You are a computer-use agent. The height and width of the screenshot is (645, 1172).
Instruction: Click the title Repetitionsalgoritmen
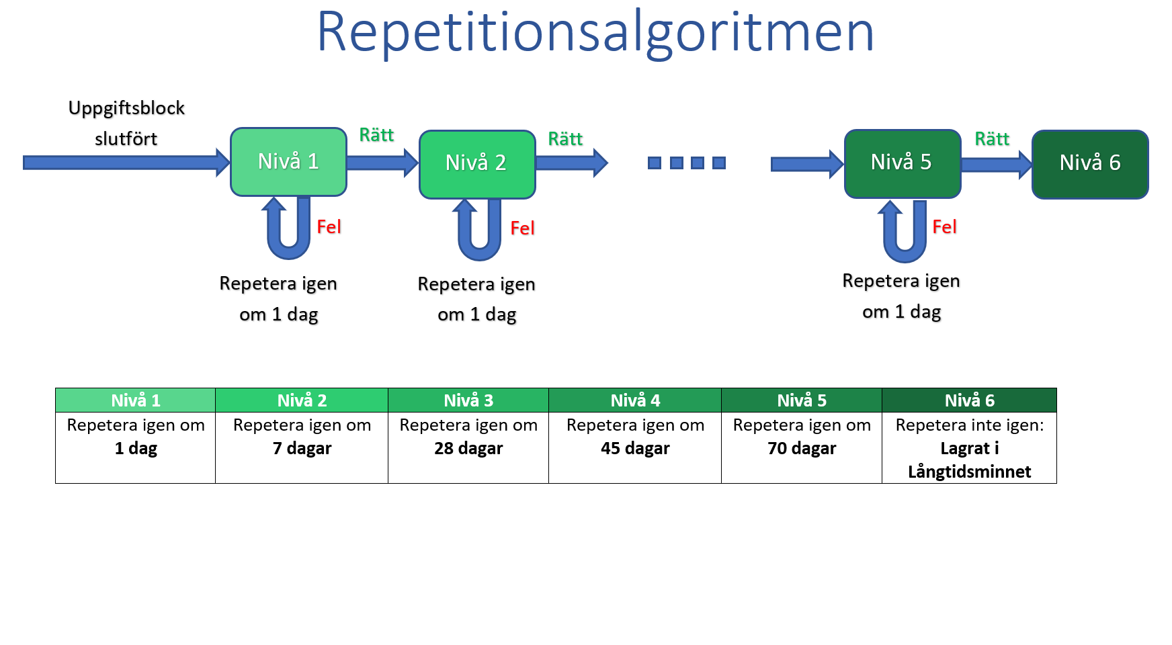(595, 32)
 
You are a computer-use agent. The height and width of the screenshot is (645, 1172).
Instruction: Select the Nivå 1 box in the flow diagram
(288, 162)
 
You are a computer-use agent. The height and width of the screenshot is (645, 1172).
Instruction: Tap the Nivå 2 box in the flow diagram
(476, 164)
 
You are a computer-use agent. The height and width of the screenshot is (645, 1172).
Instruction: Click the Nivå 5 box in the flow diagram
(902, 163)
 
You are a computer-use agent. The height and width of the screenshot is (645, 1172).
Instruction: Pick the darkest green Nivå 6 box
(1089, 164)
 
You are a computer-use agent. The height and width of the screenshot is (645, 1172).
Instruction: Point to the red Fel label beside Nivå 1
(329, 227)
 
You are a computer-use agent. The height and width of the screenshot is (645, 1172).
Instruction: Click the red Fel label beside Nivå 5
(944, 227)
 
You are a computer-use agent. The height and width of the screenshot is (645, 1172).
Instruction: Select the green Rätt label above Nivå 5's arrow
(992, 139)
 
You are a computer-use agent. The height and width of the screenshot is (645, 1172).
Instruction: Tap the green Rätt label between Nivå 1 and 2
(376, 135)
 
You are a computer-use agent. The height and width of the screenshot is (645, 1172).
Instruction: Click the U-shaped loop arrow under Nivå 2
(479, 235)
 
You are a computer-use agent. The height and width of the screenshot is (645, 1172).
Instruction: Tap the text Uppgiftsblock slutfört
(126, 124)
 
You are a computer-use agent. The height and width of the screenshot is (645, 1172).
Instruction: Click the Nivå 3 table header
(468, 400)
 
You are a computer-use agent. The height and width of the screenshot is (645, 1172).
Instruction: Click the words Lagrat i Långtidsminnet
(969, 460)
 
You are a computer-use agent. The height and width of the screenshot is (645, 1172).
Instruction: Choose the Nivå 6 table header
(969, 400)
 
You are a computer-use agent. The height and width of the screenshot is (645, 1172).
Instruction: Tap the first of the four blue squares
(655, 163)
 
